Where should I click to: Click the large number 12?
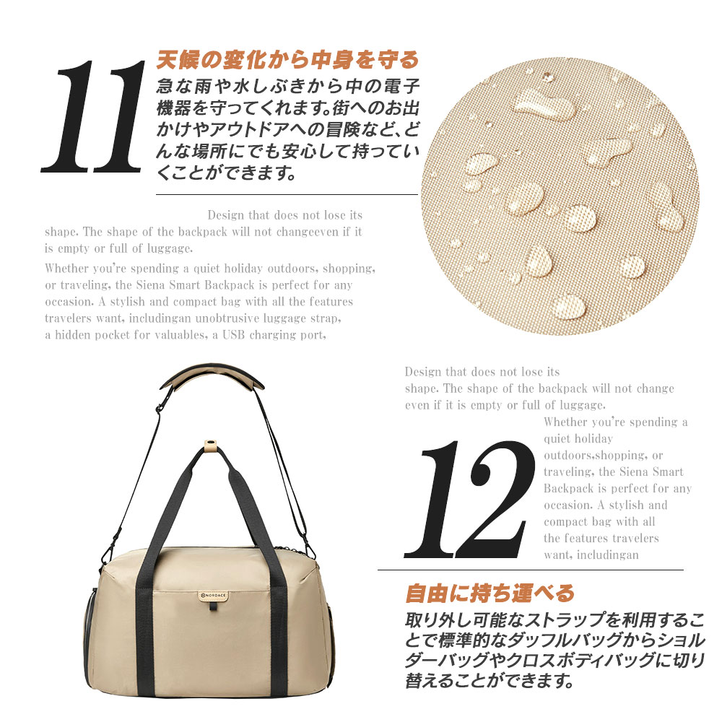[470, 500]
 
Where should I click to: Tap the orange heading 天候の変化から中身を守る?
[288, 60]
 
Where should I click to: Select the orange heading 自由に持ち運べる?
[490, 593]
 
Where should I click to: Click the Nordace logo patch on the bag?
[214, 596]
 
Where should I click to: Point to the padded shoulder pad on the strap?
[212, 377]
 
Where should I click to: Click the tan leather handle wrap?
[210, 445]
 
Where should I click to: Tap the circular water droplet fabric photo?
[560, 196]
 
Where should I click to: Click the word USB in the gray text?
[233, 335]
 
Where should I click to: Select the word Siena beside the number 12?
[634, 472]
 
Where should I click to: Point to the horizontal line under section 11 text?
[287, 195]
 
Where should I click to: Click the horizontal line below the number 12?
[531, 570]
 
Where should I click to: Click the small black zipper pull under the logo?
[213, 607]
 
